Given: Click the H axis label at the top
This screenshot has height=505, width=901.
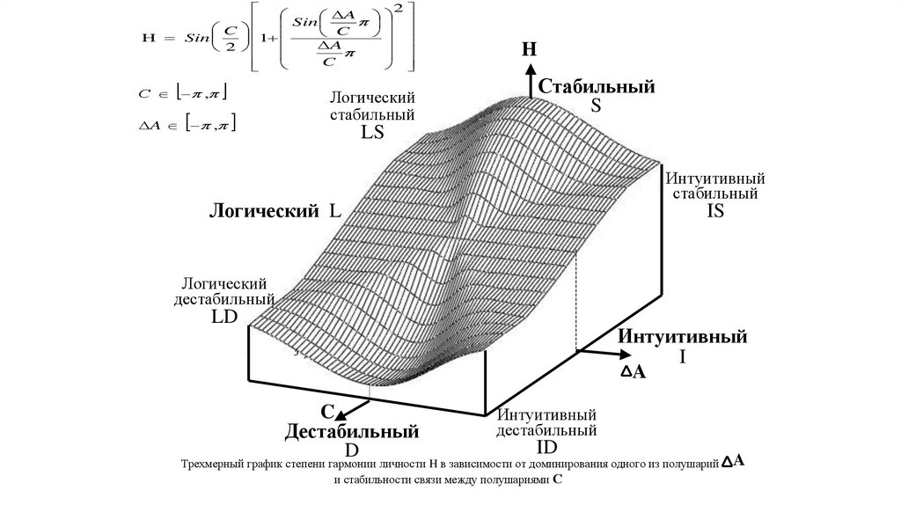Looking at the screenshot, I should tap(529, 48).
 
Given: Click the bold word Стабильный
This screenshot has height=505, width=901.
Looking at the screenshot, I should tap(597, 87).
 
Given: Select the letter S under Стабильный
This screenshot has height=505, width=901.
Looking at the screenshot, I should tap(595, 106).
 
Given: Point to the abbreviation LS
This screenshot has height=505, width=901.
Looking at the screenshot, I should tap(372, 133).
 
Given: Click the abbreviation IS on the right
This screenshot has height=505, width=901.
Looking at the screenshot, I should tap(714, 210).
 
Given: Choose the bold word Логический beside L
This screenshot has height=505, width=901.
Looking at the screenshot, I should tap(262, 211).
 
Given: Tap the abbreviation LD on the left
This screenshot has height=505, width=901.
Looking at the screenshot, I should tap(224, 318).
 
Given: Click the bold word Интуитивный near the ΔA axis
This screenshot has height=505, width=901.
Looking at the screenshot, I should tap(682, 337).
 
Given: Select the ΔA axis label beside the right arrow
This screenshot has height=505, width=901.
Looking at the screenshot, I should tap(634, 372).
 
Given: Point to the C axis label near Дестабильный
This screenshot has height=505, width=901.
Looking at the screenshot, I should tap(326, 412).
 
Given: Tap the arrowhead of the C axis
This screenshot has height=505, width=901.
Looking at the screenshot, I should tap(341, 414).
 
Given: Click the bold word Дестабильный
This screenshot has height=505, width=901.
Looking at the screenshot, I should tap(350, 432).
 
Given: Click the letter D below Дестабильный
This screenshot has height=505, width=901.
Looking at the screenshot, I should tap(351, 450).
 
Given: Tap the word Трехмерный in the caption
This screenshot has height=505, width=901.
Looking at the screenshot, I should tap(214, 464).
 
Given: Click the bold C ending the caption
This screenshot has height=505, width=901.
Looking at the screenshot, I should tap(557, 481).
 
